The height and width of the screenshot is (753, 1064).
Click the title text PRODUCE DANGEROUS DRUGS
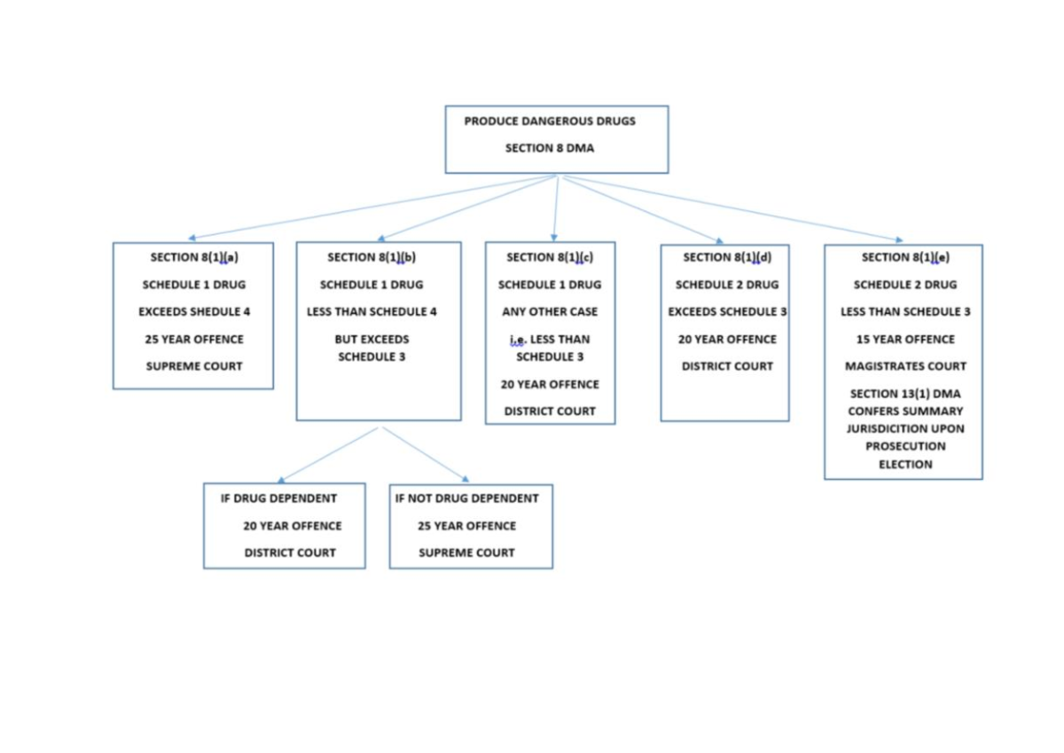click(550, 122)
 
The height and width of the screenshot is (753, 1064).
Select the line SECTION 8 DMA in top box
click(550, 148)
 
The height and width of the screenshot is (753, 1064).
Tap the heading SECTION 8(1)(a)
click(193, 257)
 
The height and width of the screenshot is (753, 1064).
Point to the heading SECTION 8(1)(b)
click(372, 257)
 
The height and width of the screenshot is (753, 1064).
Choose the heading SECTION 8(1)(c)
click(549, 257)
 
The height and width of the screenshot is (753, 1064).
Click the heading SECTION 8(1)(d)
click(726, 257)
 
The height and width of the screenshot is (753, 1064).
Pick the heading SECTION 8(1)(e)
click(904, 257)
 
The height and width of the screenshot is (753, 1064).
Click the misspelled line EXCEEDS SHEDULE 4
click(193, 312)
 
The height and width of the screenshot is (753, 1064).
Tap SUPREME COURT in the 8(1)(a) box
click(193, 366)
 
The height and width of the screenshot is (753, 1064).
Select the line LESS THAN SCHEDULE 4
click(372, 312)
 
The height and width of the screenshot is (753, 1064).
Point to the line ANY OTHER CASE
click(550, 312)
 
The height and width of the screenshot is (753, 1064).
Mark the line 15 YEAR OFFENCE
click(904, 340)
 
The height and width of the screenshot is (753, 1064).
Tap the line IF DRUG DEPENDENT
click(278, 498)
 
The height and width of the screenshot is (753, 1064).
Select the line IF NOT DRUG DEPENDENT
click(466, 498)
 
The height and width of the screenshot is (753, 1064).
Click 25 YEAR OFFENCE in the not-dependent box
click(466, 526)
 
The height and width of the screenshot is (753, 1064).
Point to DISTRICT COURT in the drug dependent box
click(290, 553)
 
